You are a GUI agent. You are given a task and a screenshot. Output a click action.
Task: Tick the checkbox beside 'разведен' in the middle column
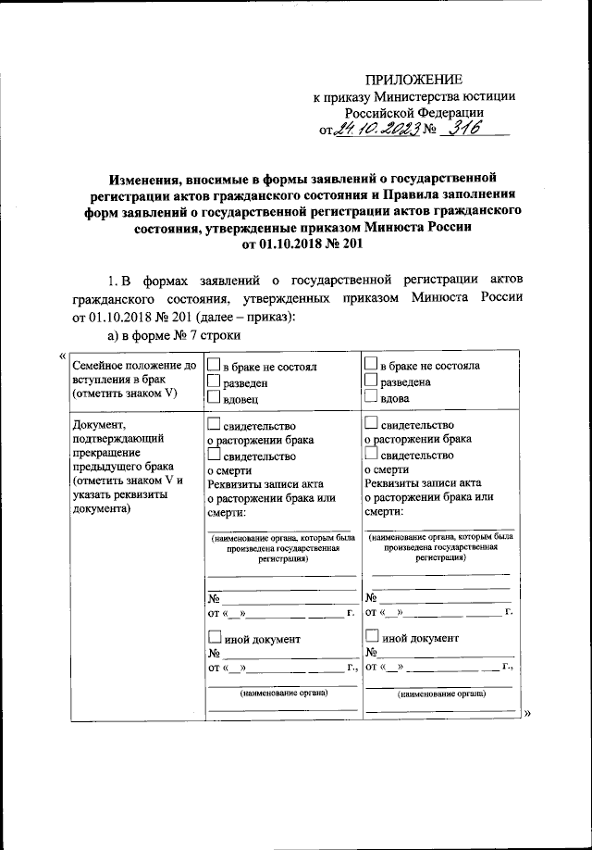[214, 381]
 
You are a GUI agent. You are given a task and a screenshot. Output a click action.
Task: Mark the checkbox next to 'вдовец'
[214, 398]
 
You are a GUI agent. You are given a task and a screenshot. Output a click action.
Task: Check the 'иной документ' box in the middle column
[214, 637]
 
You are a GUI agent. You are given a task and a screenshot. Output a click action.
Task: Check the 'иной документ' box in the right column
[372, 637]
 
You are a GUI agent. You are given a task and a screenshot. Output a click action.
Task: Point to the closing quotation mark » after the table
[527, 714]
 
